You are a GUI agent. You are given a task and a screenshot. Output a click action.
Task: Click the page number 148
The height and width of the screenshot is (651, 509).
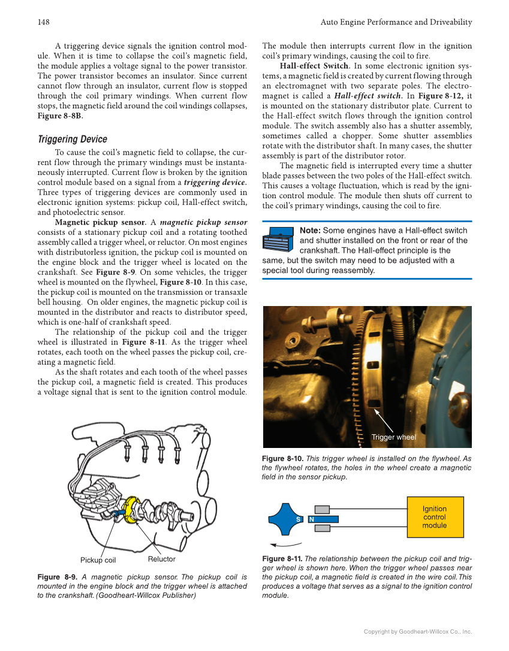(43, 22)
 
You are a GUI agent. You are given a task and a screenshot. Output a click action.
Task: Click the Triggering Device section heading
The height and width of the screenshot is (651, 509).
(72, 139)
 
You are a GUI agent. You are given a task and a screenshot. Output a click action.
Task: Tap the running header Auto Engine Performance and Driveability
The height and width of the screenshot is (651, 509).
(396, 22)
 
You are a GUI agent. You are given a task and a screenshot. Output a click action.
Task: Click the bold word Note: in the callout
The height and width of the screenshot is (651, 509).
(310, 231)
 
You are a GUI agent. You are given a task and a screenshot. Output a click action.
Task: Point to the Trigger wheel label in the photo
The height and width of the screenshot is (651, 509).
(393, 437)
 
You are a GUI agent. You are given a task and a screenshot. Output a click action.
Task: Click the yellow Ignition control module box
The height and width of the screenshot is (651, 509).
(435, 517)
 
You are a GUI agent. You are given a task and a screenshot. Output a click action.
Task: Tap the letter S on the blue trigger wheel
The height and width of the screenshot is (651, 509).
(298, 519)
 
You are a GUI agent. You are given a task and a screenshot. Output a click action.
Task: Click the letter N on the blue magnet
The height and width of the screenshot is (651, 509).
(312, 519)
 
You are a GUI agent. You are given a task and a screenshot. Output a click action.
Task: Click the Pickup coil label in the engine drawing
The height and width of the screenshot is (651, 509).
(98, 561)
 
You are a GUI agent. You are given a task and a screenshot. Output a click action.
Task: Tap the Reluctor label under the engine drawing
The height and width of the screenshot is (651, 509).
(161, 559)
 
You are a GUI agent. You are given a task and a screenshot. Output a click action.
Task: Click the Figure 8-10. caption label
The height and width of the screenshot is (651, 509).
(282, 459)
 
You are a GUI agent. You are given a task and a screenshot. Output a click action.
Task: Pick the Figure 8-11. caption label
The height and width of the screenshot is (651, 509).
(282, 559)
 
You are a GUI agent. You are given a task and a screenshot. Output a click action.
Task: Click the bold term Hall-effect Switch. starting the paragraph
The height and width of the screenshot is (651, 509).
(315, 66)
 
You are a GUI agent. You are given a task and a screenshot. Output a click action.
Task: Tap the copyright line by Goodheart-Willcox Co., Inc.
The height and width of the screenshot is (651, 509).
(418, 631)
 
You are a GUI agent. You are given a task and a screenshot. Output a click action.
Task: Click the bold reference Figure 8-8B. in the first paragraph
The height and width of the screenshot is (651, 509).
(60, 116)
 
